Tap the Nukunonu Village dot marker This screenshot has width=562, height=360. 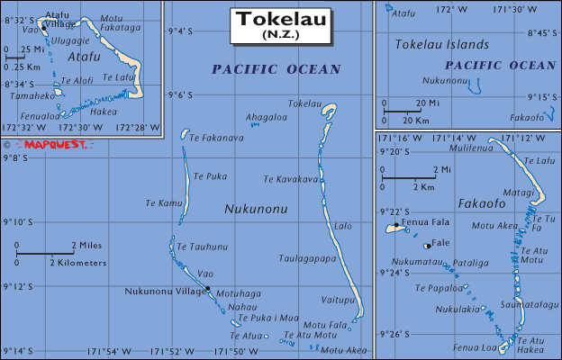tap(207, 289)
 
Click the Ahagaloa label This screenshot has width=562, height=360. tap(267, 117)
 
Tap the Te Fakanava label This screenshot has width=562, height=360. tap(216, 138)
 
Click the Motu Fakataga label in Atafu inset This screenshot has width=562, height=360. tap(122, 23)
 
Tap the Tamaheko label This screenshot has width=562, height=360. tap(33, 95)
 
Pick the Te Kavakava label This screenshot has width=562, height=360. tap(291, 179)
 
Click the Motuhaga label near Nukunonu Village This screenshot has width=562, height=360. tap(231, 293)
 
